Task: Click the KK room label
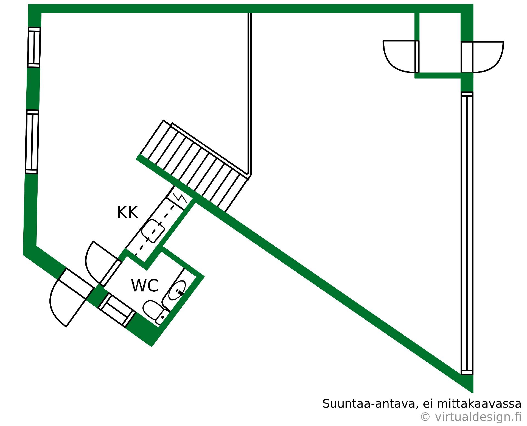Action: [x=127, y=212]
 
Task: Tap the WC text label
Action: [x=145, y=285]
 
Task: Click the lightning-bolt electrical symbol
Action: [x=180, y=198]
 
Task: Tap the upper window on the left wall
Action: [x=34, y=47]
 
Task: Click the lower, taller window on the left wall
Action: [x=32, y=142]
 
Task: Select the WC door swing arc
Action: [x=96, y=261]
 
